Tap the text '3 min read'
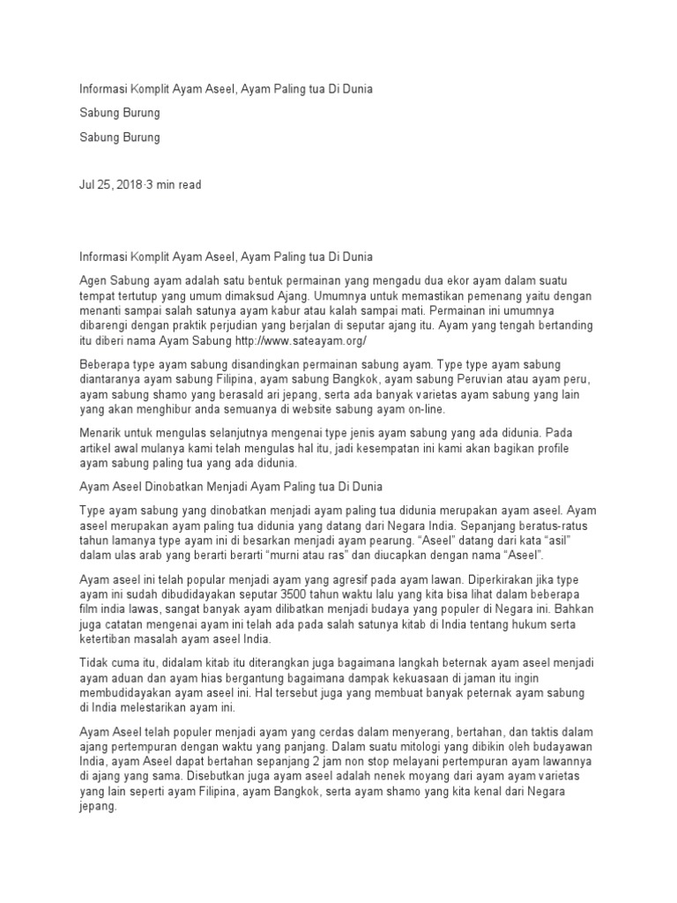[175, 184]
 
